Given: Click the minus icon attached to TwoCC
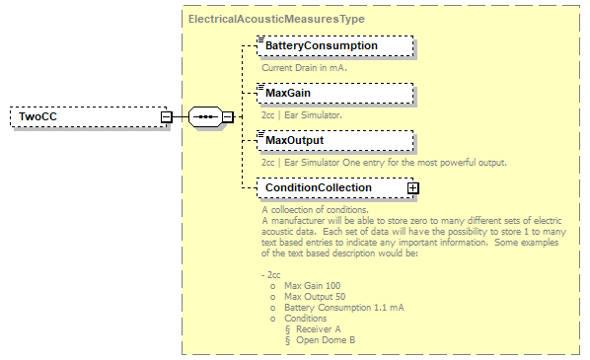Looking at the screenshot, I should [167, 117].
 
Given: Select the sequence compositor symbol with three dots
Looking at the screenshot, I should [204, 117].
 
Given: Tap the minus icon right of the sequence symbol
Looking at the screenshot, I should [228, 117].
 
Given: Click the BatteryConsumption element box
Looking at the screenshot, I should [333, 45].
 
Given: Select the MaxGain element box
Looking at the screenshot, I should [333, 93].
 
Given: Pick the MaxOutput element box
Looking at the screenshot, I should [333, 140].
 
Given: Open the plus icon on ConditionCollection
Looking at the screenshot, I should [413, 187].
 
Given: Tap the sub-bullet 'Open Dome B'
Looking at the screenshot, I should [325, 340].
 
